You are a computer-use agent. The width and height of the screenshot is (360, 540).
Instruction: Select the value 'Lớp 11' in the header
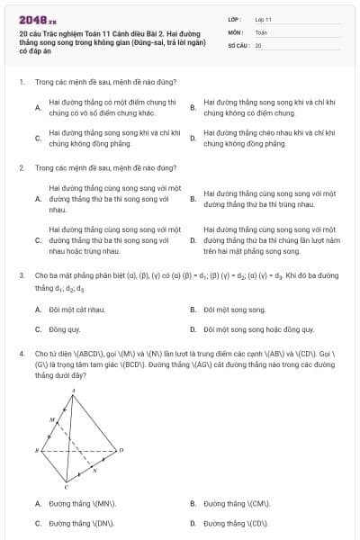click(x=263, y=18)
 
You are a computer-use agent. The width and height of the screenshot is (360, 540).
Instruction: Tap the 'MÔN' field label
click(x=236, y=31)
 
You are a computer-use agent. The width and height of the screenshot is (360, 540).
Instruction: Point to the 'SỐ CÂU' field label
click(x=238, y=44)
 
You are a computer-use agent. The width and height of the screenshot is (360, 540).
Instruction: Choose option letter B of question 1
click(x=193, y=108)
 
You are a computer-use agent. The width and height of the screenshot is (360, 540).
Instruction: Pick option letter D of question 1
click(x=193, y=138)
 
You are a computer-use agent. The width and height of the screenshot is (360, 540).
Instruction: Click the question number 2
click(x=21, y=167)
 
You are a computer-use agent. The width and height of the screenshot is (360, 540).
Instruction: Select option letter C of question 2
click(x=37, y=240)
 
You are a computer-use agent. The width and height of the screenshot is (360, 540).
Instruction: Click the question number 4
click(x=21, y=354)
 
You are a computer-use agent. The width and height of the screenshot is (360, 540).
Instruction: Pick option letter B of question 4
click(x=193, y=504)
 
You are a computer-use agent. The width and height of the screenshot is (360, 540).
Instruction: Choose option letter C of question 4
click(x=37, y=522)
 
